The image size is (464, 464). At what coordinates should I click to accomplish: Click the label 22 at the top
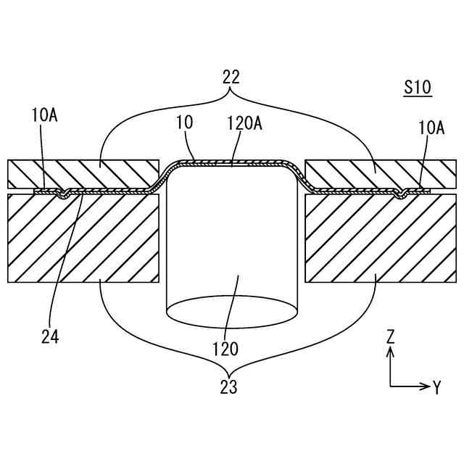[x=231, y=77]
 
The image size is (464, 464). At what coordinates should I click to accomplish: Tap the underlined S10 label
[x=418, y=88]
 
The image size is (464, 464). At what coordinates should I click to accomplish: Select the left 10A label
[x=44, y=114]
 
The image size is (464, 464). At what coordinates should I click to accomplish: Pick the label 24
[x=50, y=336]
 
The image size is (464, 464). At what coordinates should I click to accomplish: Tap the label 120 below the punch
[x=225, y=349]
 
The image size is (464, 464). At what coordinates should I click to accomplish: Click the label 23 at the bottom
[x=229, y=387]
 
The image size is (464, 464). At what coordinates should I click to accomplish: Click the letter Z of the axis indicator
[x=390, y=336]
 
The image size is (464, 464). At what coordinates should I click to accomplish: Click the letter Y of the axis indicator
[x=437, y=388]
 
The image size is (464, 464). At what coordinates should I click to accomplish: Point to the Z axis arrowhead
[x=390, y=352]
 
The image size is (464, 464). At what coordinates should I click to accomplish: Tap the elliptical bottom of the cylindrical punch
[x=233, y=310]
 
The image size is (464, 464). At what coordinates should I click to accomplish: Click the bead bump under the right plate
[x=400, y=195]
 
